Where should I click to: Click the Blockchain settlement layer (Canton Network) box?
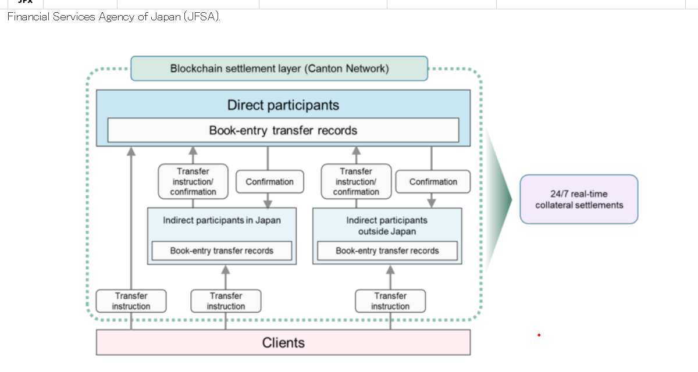point(279,69)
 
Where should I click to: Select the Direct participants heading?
point(283,105)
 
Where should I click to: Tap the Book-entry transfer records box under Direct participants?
point(283,130)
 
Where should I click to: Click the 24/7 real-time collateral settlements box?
point(579,199)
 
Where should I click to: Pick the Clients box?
point(283,342)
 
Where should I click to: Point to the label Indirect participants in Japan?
point(222,220)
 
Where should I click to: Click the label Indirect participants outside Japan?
point(387,226)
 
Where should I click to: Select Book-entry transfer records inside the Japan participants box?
point(222,251)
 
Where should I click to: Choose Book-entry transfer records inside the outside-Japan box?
point(387,251)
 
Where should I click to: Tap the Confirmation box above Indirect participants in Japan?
point(269,182)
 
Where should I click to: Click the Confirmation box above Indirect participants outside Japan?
point(433,182)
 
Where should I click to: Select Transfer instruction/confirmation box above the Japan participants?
point(193,181)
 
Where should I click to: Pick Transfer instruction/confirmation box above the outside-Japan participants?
point(356,181)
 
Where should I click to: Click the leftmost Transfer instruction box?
point(131,301)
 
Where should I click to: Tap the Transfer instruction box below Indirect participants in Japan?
point(226,301)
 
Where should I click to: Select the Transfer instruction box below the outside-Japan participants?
point(390,301)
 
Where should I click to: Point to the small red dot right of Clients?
point(539,335)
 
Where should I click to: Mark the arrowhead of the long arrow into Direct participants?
point(131,151)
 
